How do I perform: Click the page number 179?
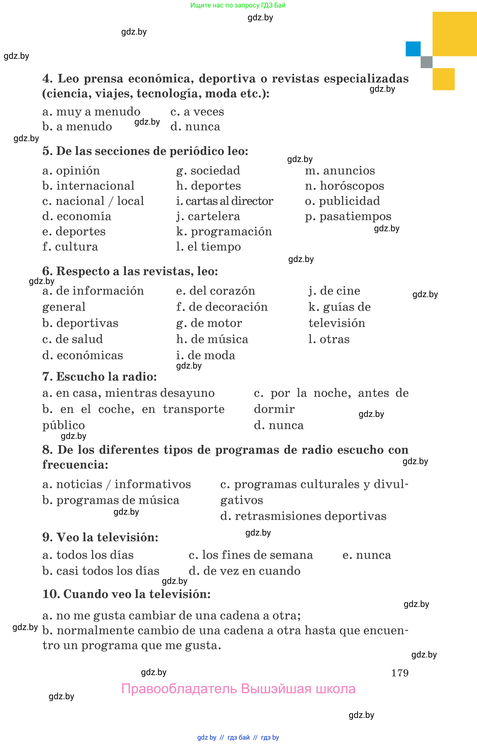click(x=400, y=673)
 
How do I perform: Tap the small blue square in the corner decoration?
click(x=413, y=49)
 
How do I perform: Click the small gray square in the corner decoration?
click(x=426, y=62)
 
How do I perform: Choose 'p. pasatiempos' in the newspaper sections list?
click(x=348, y=216)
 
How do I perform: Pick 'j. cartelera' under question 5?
click(x=208, y=216)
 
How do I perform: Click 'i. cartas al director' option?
click(x=224, y=201)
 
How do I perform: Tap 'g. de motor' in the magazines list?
click(x=209, y=323)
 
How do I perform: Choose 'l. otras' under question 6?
click(x=329, y=339)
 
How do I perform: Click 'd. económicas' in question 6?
click(x=82, y=355)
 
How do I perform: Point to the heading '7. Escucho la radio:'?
click(x=99, y=377)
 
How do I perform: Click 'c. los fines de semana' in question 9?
click(x=251, y=555)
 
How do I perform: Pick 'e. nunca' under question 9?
click(x=367, y=555)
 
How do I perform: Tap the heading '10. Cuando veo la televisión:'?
click(x=126, y=594)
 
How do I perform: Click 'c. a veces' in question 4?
click(x=197, y=112)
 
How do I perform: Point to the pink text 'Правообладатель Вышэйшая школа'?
click(x=238, y=689)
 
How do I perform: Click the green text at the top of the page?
click(x=238, y=5)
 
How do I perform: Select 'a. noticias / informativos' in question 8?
click(x=117, y=484)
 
